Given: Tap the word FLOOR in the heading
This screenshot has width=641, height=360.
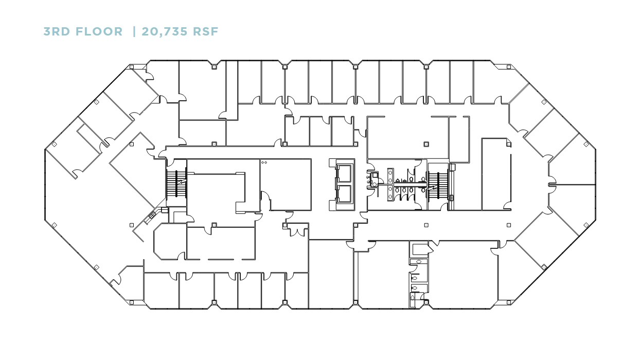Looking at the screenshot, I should (100, 32).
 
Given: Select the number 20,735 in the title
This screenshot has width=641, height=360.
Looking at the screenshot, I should (162, 32).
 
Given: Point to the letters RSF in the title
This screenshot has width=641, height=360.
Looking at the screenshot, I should (205, 32).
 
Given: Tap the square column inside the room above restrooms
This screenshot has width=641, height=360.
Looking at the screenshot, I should (425, 143).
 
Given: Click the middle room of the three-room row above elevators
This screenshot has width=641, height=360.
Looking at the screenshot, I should (320, 131).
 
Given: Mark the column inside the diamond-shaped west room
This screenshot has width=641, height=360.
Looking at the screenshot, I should (132, 145).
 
